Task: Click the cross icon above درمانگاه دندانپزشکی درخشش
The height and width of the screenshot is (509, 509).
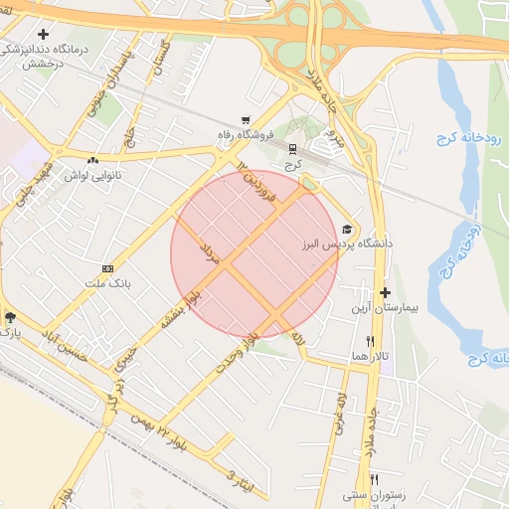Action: coord(44,34)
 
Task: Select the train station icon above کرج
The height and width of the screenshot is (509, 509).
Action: coord(292,149)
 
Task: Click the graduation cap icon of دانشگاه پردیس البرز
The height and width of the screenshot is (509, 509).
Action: coord(347,229)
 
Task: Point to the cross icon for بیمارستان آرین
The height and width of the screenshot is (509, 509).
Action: coord(386,293)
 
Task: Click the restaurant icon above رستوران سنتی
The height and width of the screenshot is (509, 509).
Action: coord(375,478)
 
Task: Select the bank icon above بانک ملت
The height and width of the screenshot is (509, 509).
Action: coord(108,268)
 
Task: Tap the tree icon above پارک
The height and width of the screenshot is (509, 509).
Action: coord(10,317)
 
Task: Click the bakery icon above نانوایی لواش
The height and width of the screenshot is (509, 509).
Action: coord(92,160)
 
